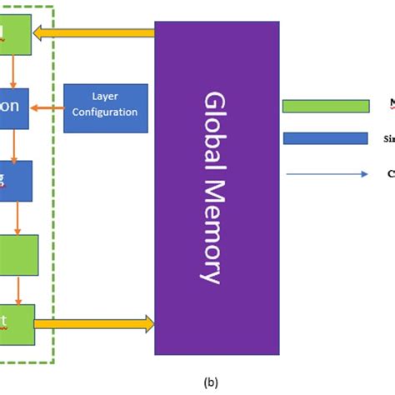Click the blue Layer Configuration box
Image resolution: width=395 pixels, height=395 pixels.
tap(106, 107)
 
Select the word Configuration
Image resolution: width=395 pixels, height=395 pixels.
tap(106, 112)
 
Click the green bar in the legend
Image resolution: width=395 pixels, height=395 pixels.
tap(326, 106)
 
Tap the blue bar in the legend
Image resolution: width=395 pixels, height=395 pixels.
tap(326, 138)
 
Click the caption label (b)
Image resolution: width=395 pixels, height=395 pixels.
tap(210, 382)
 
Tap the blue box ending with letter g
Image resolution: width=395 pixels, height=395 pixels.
tap(15, 180)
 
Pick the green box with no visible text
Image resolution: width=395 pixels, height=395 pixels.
tap(18, 254)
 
